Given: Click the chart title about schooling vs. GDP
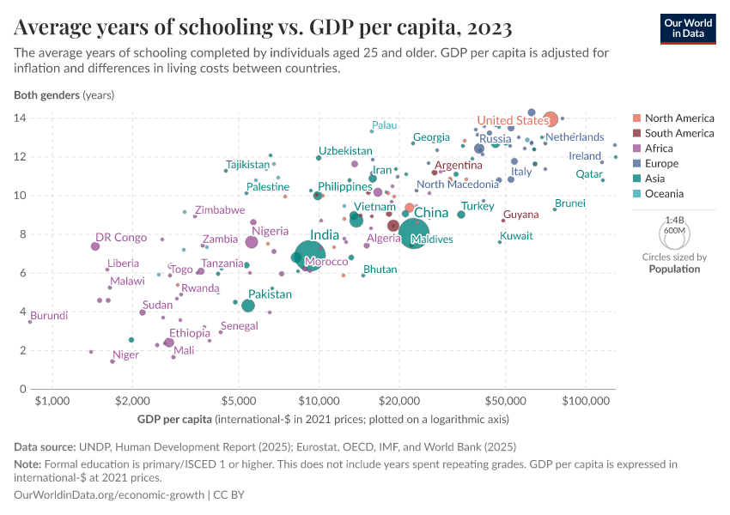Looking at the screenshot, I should (x=263, y=28).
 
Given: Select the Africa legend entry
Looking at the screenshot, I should (x=660, y=148).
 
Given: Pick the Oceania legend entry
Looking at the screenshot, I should (x=664, y=194).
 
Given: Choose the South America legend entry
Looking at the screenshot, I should (x=678, y=133).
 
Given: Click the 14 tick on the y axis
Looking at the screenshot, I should (x=20, y=118).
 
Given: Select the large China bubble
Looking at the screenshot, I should (x=414, y=234).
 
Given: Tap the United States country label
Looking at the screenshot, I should (x=513, y=120).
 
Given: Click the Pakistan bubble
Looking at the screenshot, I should (x=248, y=306).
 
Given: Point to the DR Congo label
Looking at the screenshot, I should (x=121, y=238).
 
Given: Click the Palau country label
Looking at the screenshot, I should (x=384, y=125).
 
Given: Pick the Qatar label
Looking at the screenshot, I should (x=589, y=174).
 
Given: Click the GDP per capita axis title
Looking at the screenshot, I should (x=322, y=420).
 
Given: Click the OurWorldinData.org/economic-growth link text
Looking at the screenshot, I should (x=109, y=495).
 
